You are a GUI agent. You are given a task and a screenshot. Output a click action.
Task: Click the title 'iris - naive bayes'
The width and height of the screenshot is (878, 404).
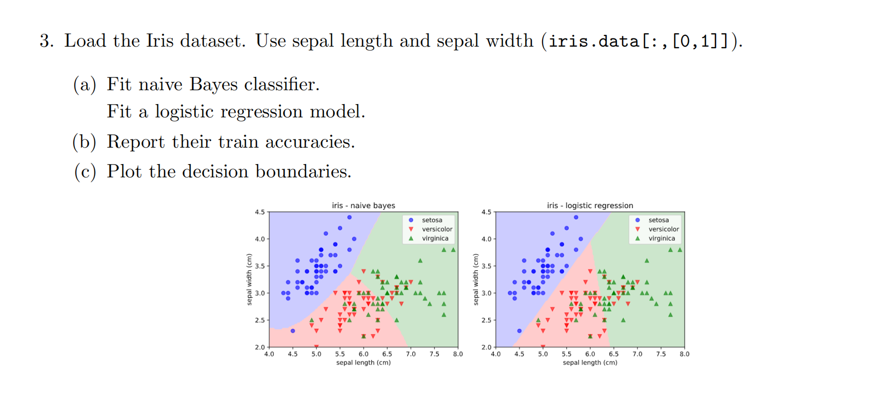pyautogui.click(x=363, y=206)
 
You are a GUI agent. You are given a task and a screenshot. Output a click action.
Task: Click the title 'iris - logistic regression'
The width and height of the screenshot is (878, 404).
pyautogui.click(x=590, y=206)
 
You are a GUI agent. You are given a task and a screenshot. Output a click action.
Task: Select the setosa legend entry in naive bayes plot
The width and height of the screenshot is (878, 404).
pyautogui.click(x=431, y=220)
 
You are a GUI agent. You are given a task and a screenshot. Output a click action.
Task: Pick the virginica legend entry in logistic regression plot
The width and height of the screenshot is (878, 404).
pyautogui.click(x=661, y=238)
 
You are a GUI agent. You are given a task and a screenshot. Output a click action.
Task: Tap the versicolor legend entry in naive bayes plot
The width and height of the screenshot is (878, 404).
pyautogui.click(x=436, y=229)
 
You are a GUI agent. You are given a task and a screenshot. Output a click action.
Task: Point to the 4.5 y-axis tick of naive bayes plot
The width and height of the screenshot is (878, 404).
pyautogui.click(x=260, y=212)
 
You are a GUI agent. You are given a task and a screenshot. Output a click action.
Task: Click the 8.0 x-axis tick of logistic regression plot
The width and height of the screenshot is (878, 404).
pyautogui.click(x=684, y=354)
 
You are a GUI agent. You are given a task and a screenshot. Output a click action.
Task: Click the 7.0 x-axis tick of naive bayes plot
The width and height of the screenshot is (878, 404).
pyautogui.click(x=411, y=354)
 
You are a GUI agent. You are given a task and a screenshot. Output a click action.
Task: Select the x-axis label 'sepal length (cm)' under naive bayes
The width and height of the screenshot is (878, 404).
pyautogui.click(x=363, y=363)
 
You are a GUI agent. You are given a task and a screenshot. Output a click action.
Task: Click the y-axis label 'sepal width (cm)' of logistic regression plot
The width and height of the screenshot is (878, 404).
pyautogui.click(x=475, y=279)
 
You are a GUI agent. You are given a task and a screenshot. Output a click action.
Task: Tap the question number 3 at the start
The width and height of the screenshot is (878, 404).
pyautogui.click(x=46, y=41)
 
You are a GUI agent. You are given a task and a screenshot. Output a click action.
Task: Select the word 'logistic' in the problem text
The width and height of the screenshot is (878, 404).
pyautogui.click(x=184, y=112)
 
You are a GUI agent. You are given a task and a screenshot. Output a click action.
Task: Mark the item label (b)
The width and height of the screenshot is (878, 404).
pyautogui.click(x=84, y=142)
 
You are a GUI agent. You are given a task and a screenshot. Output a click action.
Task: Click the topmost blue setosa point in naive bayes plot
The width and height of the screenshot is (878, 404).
pyautogui.click(x=349, y=217)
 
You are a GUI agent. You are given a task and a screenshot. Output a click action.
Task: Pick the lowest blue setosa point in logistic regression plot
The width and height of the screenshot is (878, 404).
pyautogui.click(x=520, y=331)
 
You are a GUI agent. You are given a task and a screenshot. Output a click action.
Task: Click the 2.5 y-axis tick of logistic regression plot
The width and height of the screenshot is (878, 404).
pyautogui.click(x=487, y=320)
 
